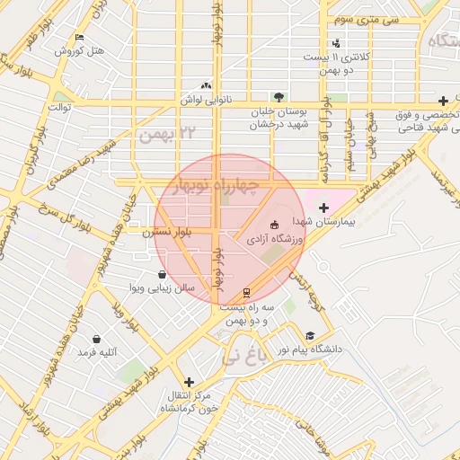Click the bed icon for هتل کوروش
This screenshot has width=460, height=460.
coord(80,38)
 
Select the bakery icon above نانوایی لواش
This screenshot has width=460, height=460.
coord(207,85)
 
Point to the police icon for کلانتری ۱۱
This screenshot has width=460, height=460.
coord(336,43)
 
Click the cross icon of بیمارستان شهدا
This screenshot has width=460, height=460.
coord(324,208)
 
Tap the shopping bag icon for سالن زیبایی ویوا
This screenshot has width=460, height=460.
coord(161,274)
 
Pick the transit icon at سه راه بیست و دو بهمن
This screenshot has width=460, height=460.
coord(246,293)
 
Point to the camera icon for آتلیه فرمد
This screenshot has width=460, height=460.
coord(96,339)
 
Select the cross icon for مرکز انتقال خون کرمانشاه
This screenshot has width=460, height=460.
coord(188,382)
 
